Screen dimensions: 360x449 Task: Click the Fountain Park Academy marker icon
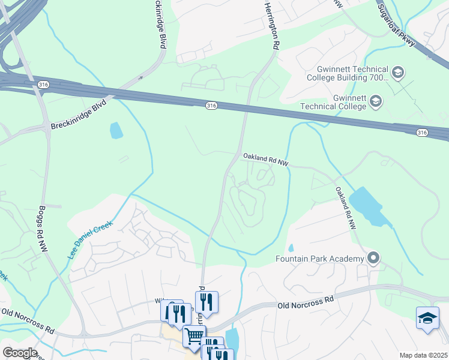[373, 259]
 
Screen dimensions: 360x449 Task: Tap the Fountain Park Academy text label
[320, 259]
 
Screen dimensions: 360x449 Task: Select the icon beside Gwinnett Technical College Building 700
[397, 73]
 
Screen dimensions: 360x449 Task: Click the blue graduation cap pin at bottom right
[427, 318]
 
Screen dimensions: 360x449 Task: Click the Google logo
[19, 353]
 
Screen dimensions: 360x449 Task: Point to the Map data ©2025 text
[423, 355]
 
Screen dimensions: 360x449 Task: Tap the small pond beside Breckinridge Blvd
[116, 130]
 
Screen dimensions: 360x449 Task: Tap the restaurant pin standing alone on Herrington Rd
[206, 302]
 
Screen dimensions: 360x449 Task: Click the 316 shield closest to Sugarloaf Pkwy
[422, 132]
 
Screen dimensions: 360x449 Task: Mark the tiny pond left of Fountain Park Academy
[291, 248]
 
